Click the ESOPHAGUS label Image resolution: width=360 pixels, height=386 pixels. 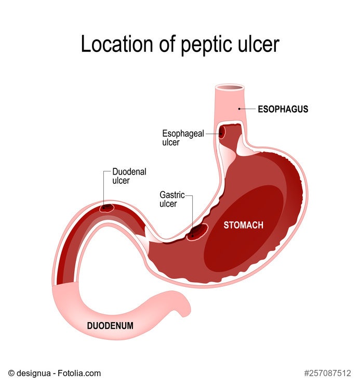pos(283,109)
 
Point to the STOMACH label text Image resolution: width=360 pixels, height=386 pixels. pos(243,225)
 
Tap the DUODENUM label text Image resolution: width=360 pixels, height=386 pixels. pos(110,326)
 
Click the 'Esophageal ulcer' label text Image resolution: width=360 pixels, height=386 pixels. pos(182,138)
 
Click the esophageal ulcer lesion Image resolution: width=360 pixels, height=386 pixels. pos(222,134)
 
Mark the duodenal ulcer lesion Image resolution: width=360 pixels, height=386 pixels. pos(106,208)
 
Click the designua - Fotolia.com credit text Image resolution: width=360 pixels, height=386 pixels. pos(55,373)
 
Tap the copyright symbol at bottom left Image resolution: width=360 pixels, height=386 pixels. pos(11,373)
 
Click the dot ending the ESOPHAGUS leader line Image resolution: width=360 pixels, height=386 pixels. pos(239,109)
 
